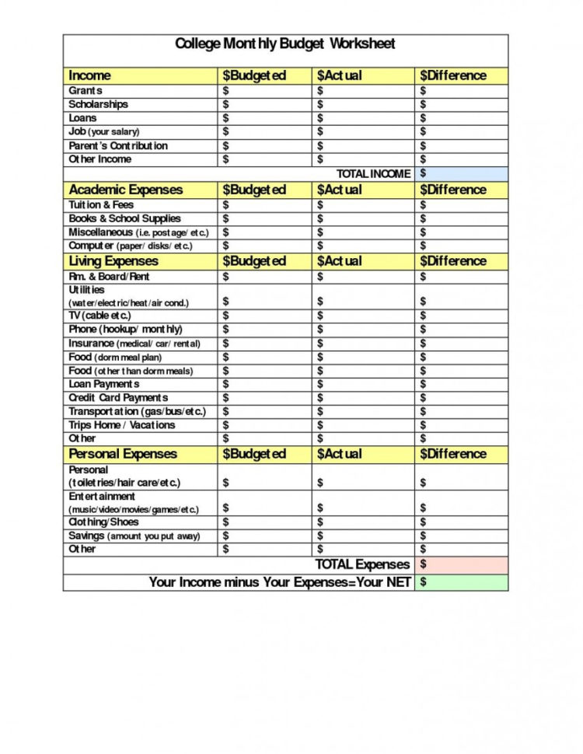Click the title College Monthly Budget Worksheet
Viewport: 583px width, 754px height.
coord(285,44)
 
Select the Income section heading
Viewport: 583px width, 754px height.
coord(89,75)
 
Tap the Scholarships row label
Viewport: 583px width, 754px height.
coord(98,104)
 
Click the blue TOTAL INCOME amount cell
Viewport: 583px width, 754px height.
coord(461,173)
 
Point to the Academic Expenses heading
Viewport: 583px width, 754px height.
coord(125,190)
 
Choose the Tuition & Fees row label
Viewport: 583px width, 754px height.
coord(101,205)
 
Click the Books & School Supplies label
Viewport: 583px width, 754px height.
coord(124,218)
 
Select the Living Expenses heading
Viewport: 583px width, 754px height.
coord(113,261)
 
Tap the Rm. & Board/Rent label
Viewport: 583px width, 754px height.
coord(109,277)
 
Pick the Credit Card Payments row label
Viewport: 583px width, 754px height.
coord(118,398)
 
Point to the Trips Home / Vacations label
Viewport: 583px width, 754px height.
coord(121,425)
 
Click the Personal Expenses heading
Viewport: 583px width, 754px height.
coord(123,454)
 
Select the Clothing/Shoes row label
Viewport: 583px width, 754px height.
coord(103,522)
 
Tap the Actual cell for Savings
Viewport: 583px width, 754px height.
coord(363,536)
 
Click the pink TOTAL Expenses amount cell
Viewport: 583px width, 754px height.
coord(461,564)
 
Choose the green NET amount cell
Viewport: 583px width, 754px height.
coord(461,582)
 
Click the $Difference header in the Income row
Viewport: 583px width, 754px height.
coord(453,75)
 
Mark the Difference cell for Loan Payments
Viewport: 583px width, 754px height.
coord(461,384)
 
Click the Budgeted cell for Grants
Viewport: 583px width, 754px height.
coord(264,91)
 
